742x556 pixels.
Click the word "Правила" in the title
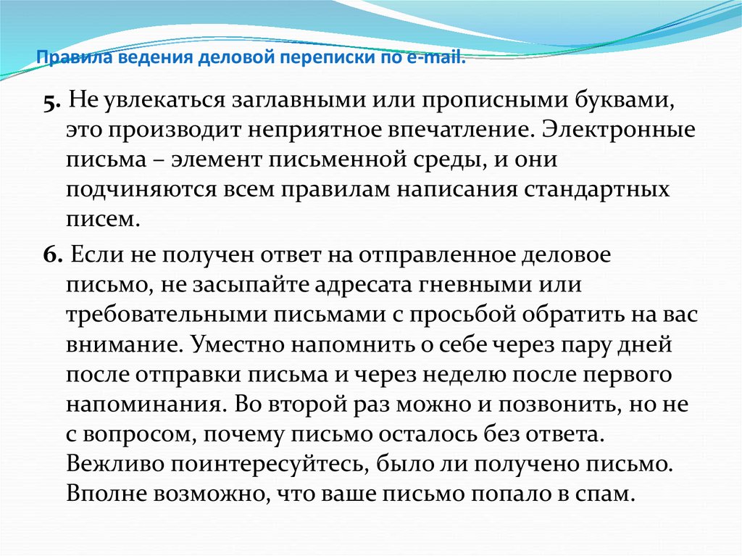tap(75, 57)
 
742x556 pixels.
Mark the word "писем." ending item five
tap(103, 220)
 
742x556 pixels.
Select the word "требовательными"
tap(167, 315)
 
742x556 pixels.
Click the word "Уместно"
tap(238, 345)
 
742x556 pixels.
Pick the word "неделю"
tap(464, 375)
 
